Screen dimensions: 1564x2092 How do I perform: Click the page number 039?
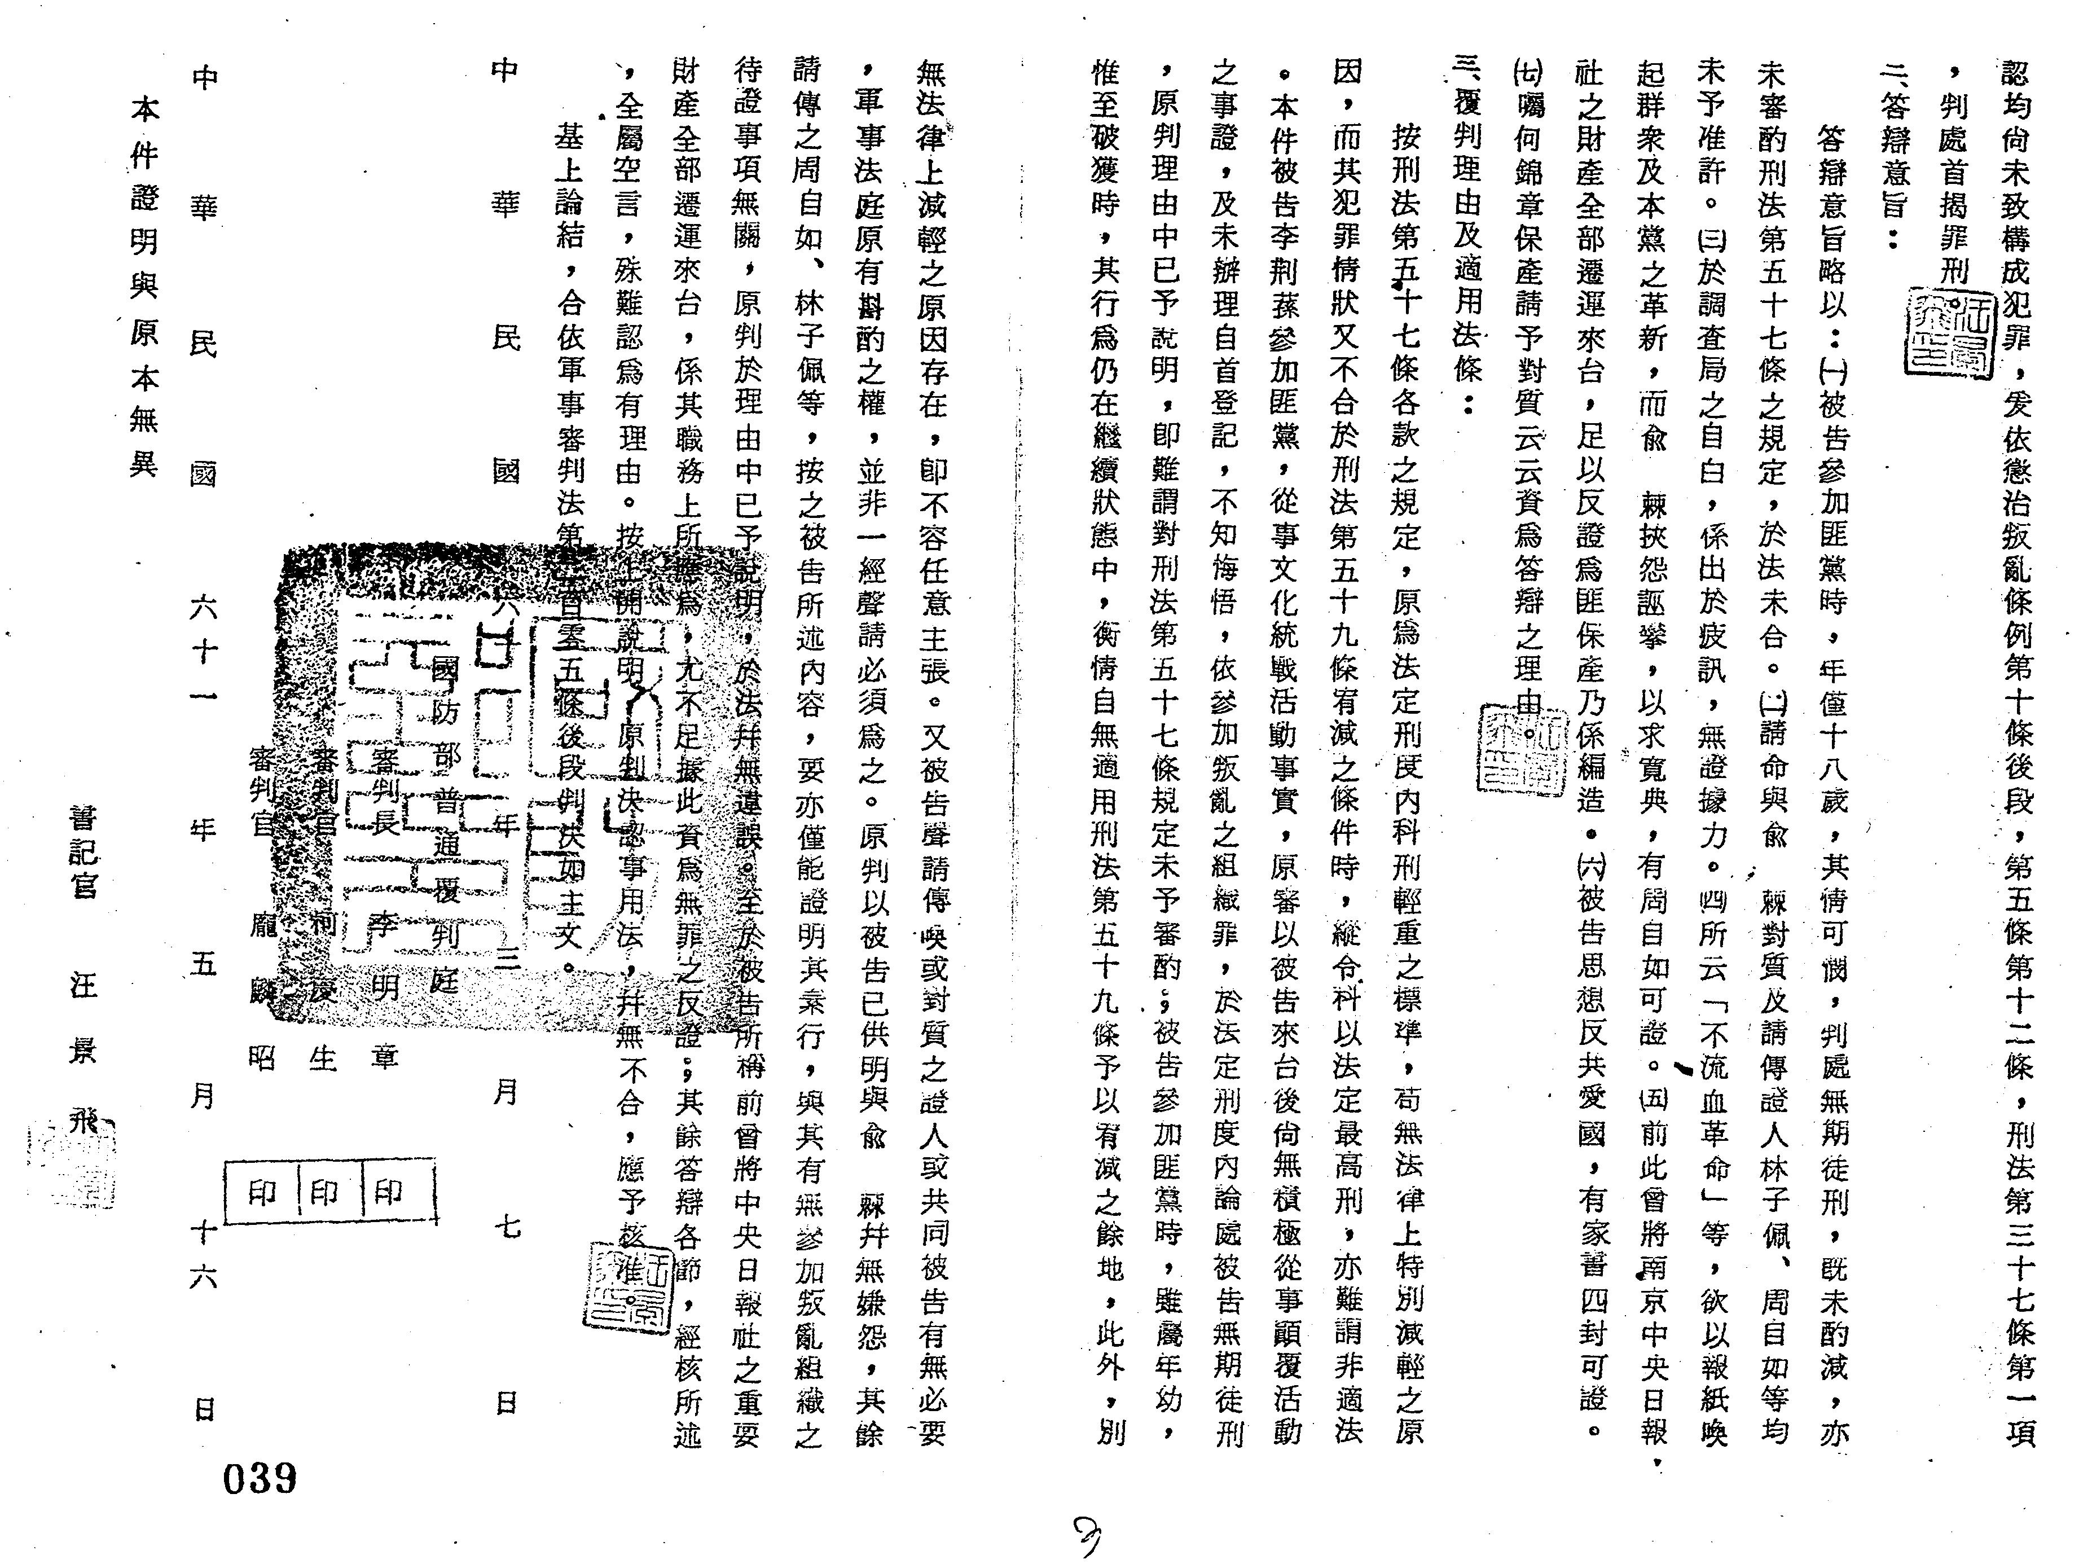click(259, 1478)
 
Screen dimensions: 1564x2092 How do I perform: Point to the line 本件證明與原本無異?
click(144, 284)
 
